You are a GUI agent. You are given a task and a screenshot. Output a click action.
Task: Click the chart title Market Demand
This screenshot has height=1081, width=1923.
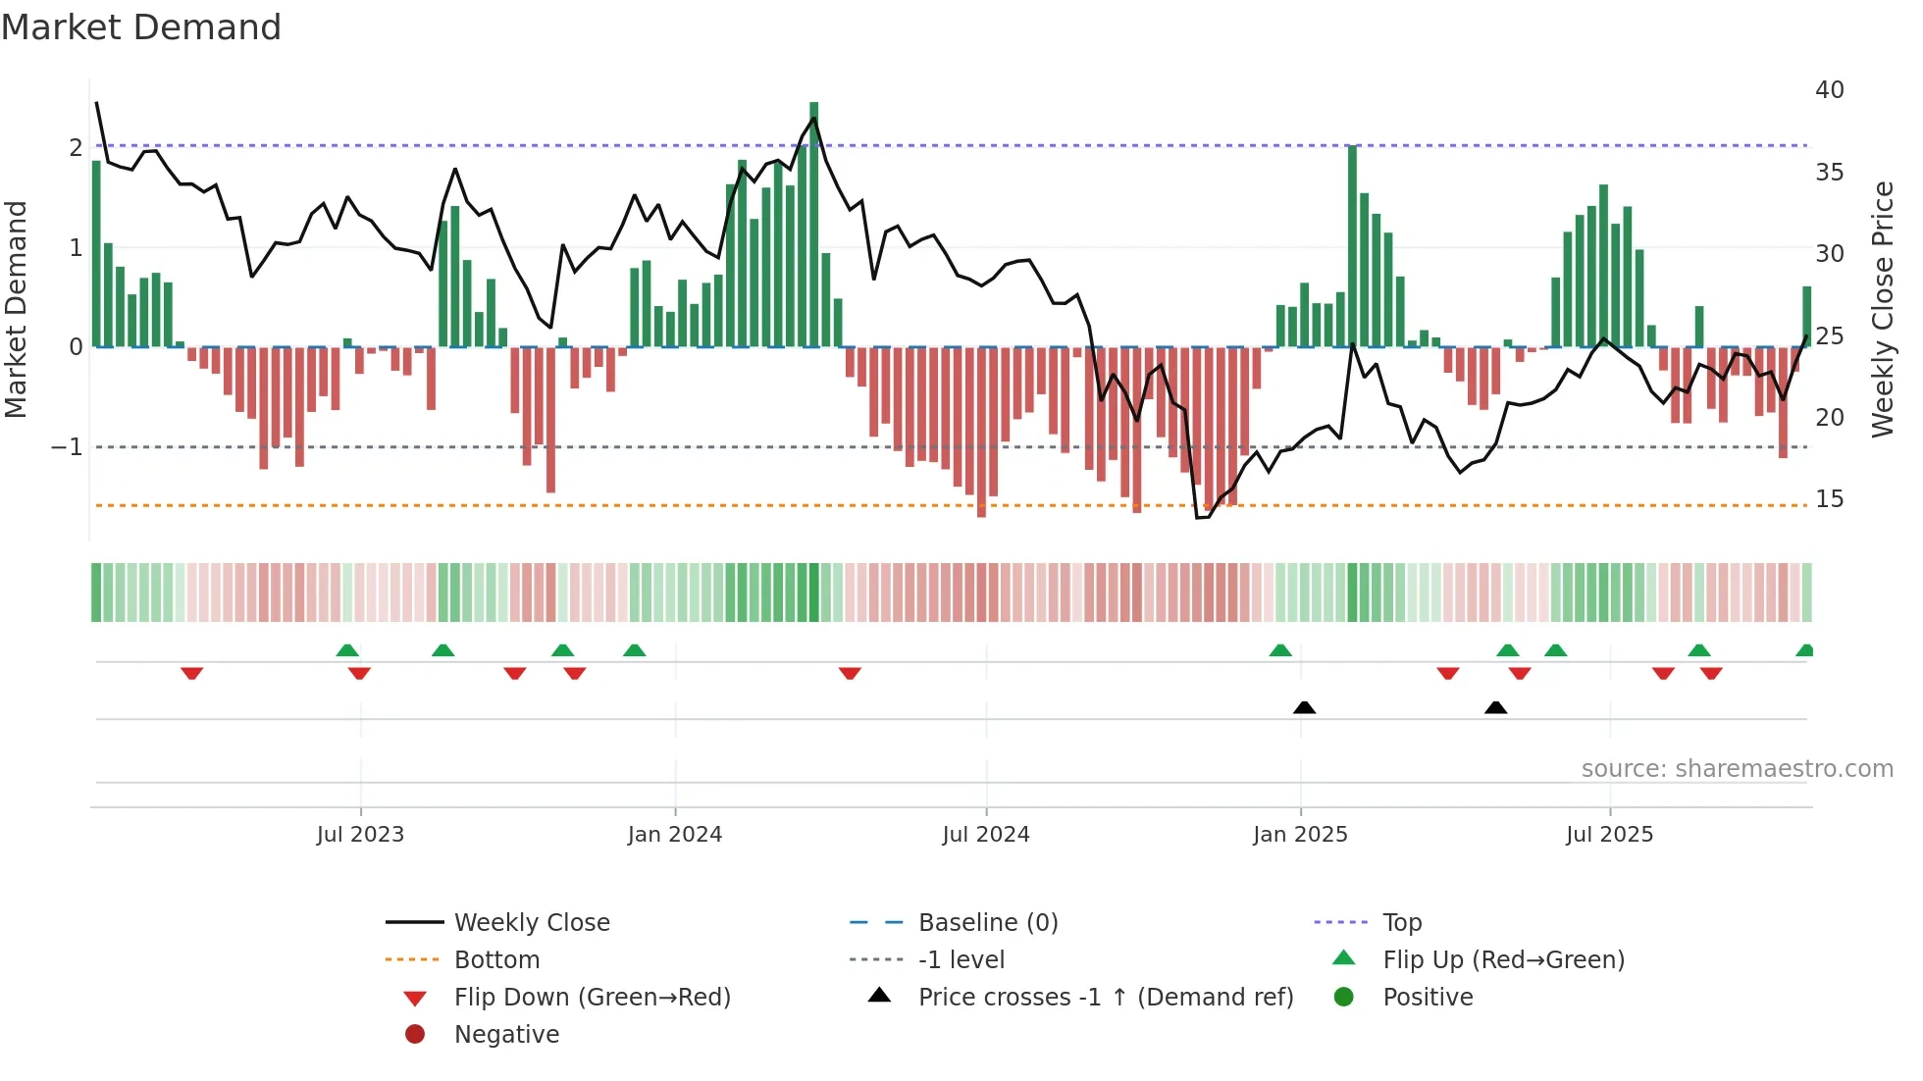tap(141, 27)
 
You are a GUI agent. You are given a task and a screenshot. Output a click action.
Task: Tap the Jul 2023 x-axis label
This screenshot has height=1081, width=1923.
tap(360, 835)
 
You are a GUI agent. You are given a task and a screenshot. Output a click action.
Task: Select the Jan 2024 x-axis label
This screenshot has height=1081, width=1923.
tap(675, 835)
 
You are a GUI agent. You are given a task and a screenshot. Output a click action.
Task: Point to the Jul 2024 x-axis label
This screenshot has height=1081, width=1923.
tap(986, 835)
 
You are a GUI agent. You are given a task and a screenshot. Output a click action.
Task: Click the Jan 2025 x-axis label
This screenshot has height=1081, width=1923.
tap(1300, 835)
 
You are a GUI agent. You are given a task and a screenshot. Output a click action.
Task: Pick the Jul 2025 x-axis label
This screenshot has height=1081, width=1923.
tap(1609, 835)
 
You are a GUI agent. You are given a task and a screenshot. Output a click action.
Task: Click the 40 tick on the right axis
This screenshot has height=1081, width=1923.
tap(1829, 90)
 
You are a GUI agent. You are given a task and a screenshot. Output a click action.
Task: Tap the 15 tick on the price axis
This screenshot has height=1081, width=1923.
tap(1829, 499)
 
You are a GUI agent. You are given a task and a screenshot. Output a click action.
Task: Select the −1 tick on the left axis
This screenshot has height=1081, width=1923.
tap(68, 447)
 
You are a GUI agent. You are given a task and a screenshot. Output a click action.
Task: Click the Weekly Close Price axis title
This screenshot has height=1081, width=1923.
tap(1882, 309)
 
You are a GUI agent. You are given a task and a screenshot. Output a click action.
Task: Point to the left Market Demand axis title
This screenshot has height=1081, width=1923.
tap(16, 309)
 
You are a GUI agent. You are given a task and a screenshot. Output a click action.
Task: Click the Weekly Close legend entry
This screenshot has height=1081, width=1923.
tap(531, 923)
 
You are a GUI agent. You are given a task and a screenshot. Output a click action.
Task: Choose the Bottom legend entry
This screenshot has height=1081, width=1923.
tap(496, 960)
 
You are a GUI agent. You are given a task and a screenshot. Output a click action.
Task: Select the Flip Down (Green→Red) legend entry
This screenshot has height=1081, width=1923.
tap(592, 998)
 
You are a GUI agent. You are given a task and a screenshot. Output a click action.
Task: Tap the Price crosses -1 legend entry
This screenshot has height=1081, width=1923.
tap(1105, 998)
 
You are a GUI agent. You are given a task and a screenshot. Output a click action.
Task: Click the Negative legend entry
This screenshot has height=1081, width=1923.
tap(506, 1035)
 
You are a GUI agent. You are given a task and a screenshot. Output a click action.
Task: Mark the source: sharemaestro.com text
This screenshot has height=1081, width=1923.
tap(1737, 769)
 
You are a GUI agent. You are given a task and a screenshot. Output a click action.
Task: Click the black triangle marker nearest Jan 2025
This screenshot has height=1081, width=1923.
tap(1304, 707)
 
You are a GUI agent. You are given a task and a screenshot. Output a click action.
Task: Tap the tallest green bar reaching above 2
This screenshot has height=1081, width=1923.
tap(813, 224)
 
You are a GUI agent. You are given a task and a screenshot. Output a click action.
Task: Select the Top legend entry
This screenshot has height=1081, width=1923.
tap(1401, 923)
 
